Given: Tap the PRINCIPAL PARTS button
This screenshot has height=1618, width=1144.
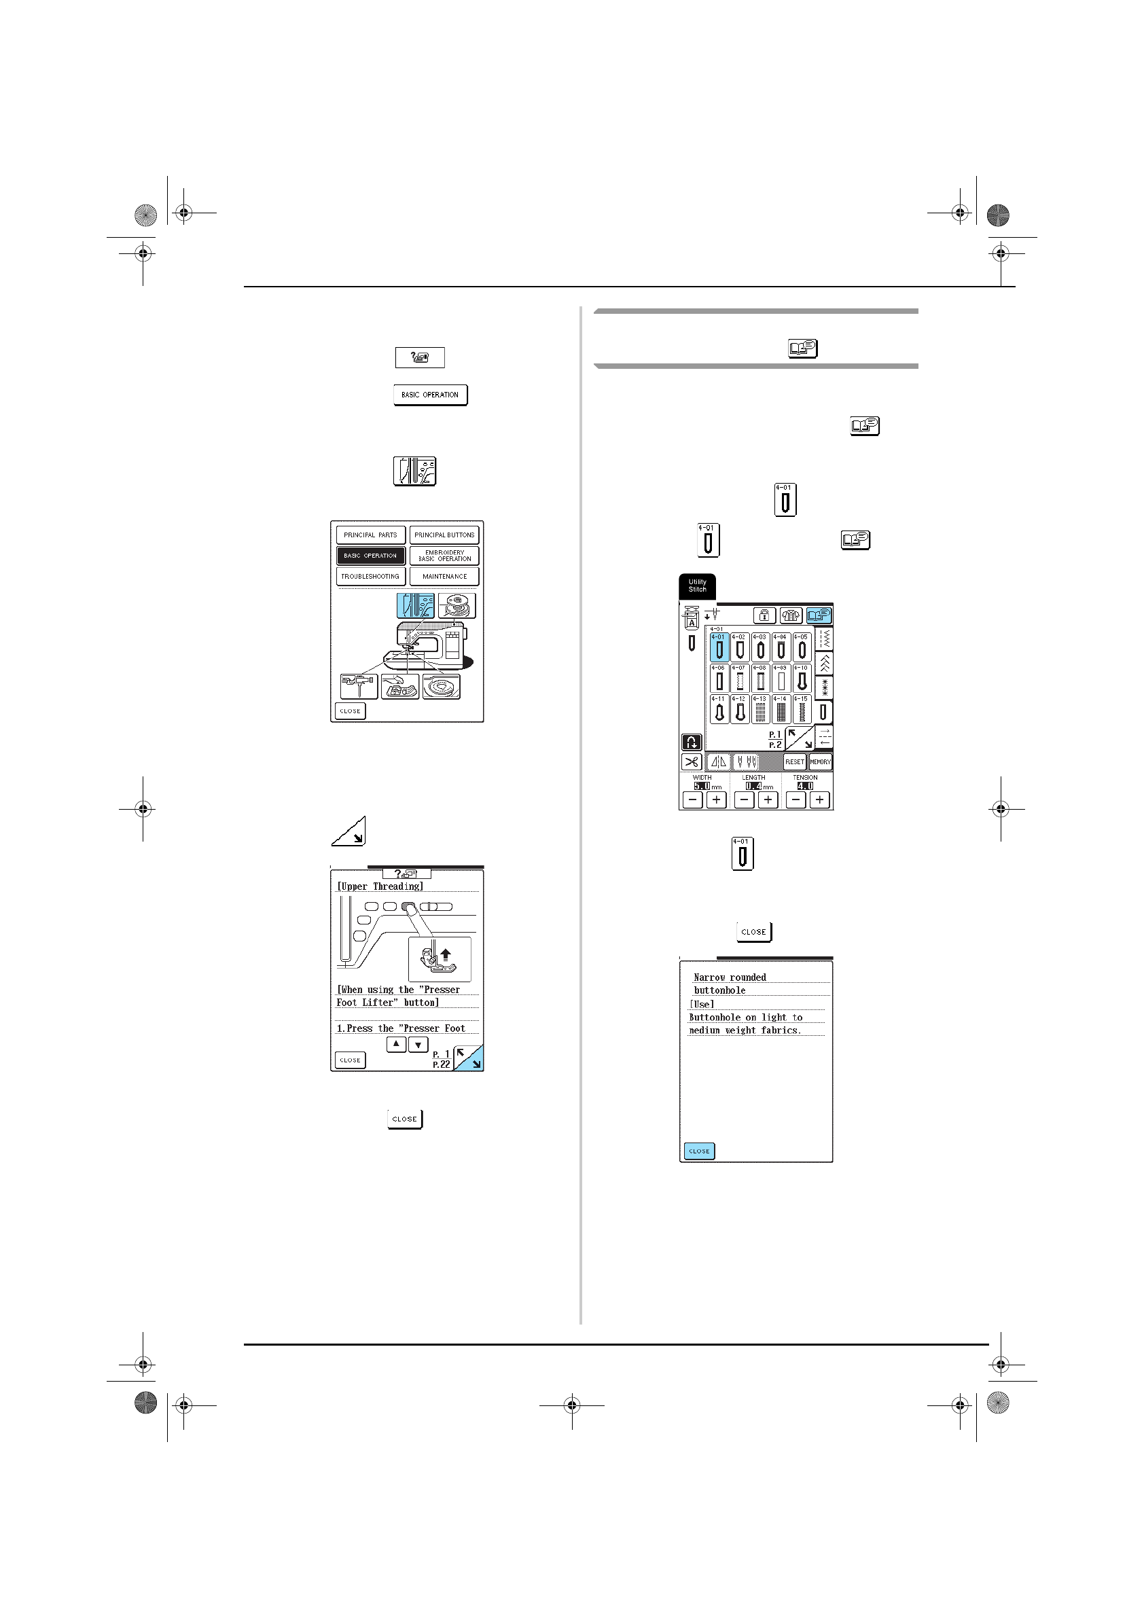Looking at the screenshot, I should coord(370,535).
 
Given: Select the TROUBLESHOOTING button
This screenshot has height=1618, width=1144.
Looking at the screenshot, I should coord(370,577).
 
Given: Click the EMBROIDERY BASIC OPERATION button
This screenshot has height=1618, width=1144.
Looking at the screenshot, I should coord(444,556).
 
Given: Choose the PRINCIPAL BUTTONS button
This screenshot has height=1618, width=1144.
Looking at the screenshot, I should coord(444,535).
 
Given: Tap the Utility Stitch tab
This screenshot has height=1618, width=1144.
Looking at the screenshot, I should coord(697,586).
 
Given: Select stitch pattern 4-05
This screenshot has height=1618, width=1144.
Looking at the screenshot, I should coord(802,647).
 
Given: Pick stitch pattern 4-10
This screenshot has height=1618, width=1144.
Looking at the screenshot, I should coord(802,679).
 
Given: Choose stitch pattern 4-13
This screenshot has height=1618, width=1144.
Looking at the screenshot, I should coord(761,710).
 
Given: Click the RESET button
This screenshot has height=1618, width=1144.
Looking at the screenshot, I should coord(794,761).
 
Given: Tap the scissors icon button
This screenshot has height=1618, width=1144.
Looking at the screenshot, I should coord(692,761).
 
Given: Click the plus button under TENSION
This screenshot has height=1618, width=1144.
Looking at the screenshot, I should coord(819,800).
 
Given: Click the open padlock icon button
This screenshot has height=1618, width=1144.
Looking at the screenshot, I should coord(764,615).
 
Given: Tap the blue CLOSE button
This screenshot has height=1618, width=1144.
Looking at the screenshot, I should coord(699,1151).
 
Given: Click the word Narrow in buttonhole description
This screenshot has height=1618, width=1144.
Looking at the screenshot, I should coord(709,977).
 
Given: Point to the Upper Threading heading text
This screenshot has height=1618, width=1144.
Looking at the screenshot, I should coord(380,886).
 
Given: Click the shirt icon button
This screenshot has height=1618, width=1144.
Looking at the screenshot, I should coord(791,615).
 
